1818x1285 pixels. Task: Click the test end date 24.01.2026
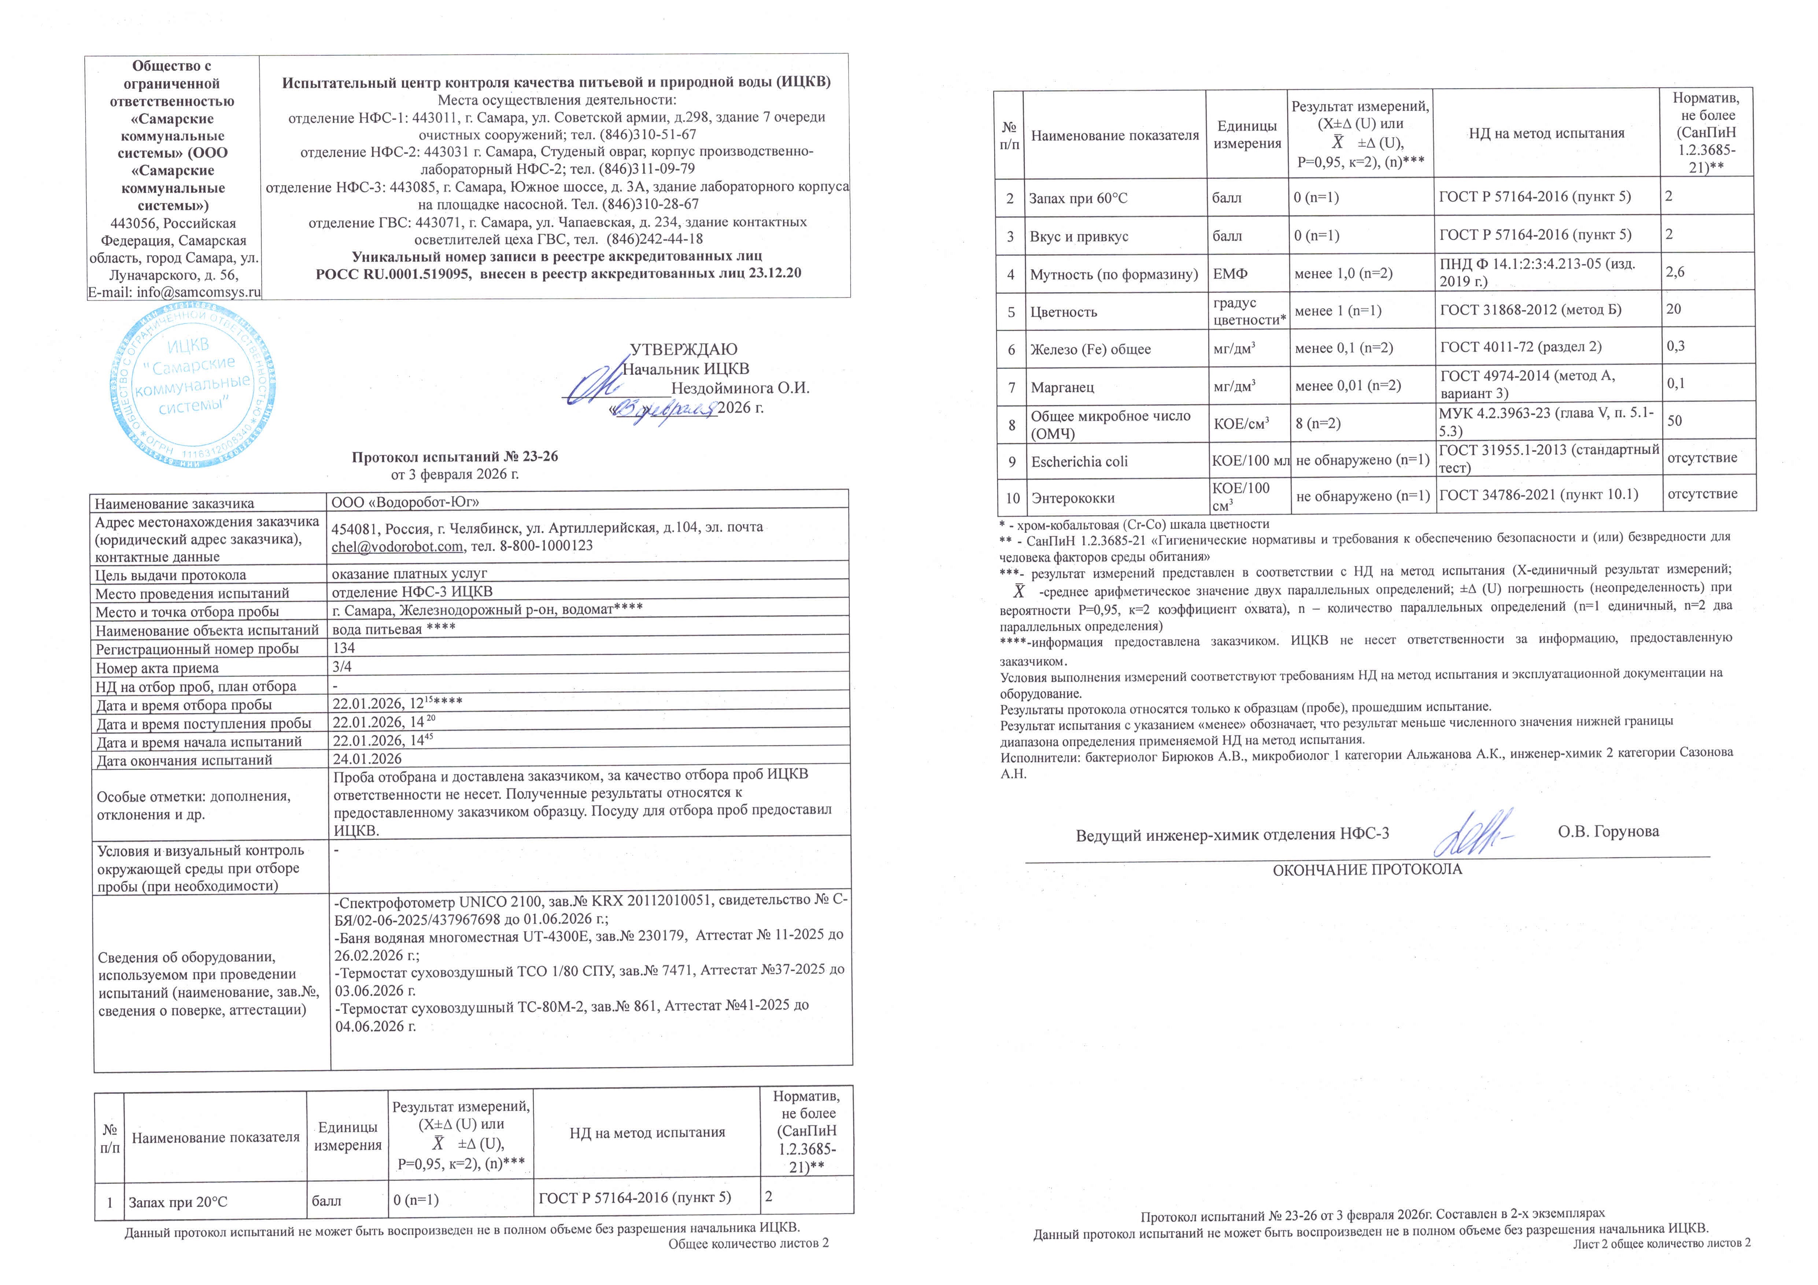[x=367, y=759]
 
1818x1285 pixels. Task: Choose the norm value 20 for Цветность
[x=1674, y=310]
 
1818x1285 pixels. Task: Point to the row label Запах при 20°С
[x=177, y=1202]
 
